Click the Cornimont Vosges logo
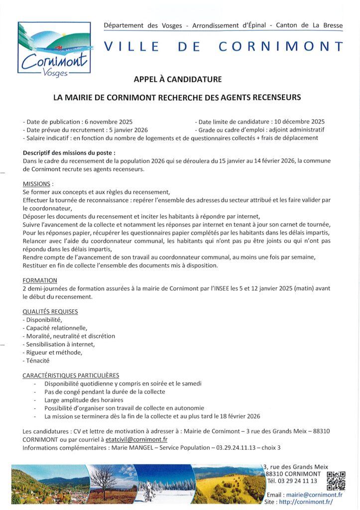pos(54,48)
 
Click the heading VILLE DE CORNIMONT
pos(224,47)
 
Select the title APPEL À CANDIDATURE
pos(177,79)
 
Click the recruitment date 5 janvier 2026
pos(122,129)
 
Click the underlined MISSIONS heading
pos(37,184)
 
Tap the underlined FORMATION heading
pos(40,280)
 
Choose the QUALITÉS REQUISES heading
pos(50,312)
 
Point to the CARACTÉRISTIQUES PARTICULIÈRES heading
pos(71,376)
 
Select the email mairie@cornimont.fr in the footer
pos(314,495)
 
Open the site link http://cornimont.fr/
pos(306,502)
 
